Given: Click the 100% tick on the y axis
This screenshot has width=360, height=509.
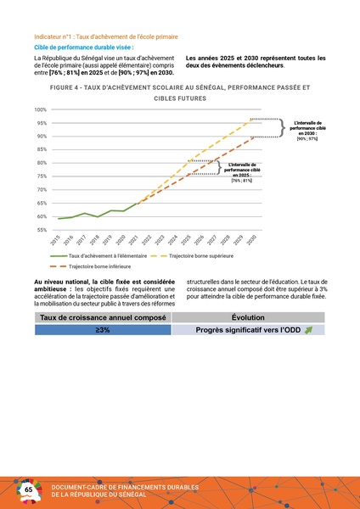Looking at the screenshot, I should [41, 109].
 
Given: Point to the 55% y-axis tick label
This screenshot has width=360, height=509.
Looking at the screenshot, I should [42, 230].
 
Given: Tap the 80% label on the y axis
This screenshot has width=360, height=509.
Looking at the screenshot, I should [42, 163].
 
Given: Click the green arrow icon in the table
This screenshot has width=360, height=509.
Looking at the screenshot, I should [308, 330].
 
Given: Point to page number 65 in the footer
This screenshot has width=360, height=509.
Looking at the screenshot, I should [28, 490].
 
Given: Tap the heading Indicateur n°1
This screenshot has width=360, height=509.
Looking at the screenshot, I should [105, 37].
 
